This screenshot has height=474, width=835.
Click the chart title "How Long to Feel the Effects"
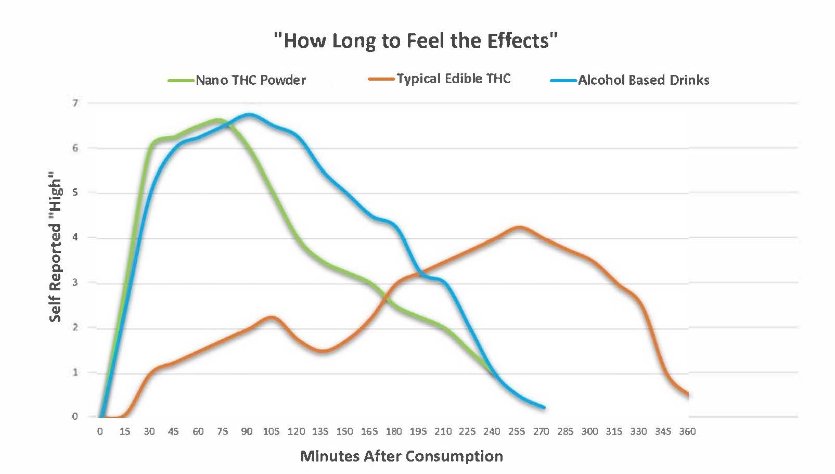pyautogui.click(x=416, y=41)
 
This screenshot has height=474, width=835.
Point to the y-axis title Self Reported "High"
pyautogui.click(x=56, y=250)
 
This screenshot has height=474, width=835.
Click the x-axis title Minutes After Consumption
pyautogui.click(x=402, y=456)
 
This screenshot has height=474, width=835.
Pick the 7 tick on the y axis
pyautogui.click(x=75, y=103)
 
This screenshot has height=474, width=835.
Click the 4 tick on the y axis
pyautogui.click(x=75, y=238)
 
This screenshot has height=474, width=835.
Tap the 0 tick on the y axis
pyautogui.click(x=75, y=417)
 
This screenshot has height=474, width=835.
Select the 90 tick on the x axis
pyautogui.click(x=247, y=431)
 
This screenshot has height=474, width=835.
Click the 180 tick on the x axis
pyautogui.click(x=394, y=431)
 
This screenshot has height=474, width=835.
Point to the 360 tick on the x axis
pyautogui.click(x=688, y=431)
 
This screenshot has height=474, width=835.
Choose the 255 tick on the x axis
pyautogui.click(x=517, y=431)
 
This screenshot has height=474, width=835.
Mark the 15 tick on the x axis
pyautogui.click(x=125, y=431)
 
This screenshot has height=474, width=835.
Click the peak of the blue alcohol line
pyautogui.click(x=249, y=114)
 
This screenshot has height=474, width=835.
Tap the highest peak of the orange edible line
pyautogui.click(x=518, y=227)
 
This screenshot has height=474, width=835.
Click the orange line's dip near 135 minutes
pyautogui.click(x=323, y=351)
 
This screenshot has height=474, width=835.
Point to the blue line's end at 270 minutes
pyautogui.click(x=544, y=407)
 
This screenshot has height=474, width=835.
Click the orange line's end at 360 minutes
pyautogui.click(x=688, y=394)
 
